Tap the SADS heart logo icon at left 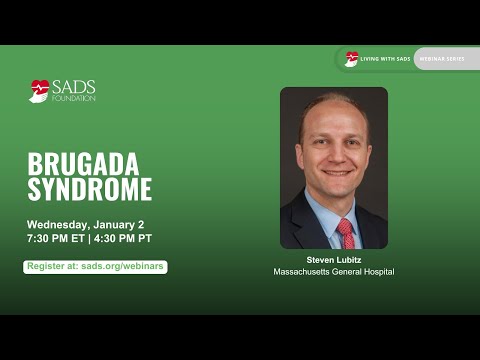point(39,91)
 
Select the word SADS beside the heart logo point(73,87)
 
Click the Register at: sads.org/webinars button point(95,267)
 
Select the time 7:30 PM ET point(56,239)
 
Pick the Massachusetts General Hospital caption point(334,272)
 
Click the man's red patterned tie point(346,233)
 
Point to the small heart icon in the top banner point(352,58)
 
